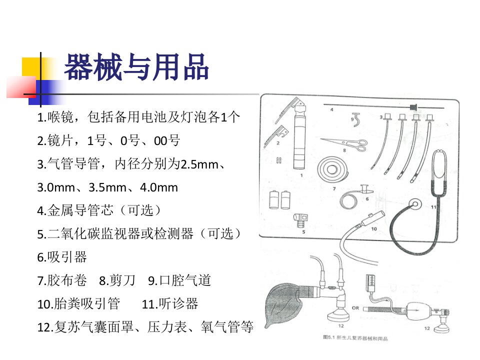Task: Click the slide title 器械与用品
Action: tap(136, 67)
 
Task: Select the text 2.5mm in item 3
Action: tap(199, 164)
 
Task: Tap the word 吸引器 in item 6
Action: tap(66, 257)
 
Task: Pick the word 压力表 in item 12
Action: tap(167, 327)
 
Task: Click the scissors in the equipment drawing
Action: tap(344, 144)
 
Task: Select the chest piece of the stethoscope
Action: tap(415, 204)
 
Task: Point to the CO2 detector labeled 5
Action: tap(300, 220)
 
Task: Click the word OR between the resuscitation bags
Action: tap(355, 308)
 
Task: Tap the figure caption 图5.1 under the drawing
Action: tap(355, 338)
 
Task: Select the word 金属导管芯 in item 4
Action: tap(80, 210)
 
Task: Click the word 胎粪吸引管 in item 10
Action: tap(87, 303)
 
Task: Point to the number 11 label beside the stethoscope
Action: tap(433, 207)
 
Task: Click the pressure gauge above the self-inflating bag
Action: tap(370, 282)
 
